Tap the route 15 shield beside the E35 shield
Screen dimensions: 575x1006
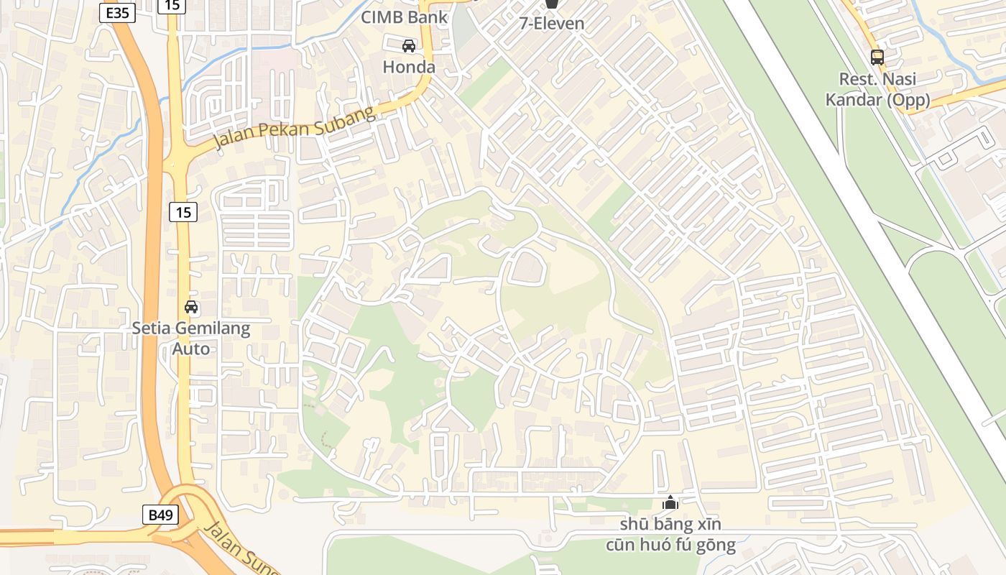tap(173, 6)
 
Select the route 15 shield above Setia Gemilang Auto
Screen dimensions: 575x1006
tap(184, 212)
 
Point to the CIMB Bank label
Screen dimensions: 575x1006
tap(404, 17)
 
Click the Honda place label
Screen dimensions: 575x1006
tap(409, 67)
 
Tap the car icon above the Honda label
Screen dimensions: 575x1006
tap(409, 46)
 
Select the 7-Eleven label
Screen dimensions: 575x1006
tap(552, 24)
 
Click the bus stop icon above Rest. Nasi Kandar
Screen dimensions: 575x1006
tap(877, 57)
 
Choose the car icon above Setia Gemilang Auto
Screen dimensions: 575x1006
tap(191, 307)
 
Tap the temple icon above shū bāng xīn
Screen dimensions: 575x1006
tap(670, 502)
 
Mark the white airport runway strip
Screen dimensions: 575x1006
tap(862, 216)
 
